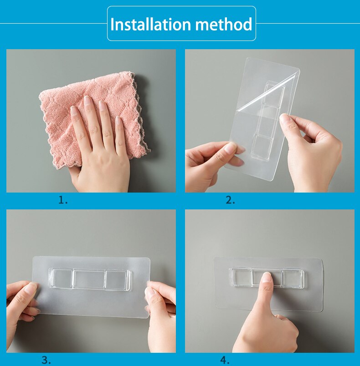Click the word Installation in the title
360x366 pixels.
pos(150,24)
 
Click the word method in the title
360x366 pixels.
pos(224,24)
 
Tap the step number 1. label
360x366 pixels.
pos(63,200)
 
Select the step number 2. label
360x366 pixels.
pos(230,200)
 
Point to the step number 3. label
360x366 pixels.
pos(46,360)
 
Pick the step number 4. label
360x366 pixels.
pos(225,360)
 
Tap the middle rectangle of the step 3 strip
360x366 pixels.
pos(89,279)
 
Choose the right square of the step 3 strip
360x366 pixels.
pos(116,280)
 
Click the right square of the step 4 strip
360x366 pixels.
pos(292,278)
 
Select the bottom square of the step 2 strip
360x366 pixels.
pos(262,145)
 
